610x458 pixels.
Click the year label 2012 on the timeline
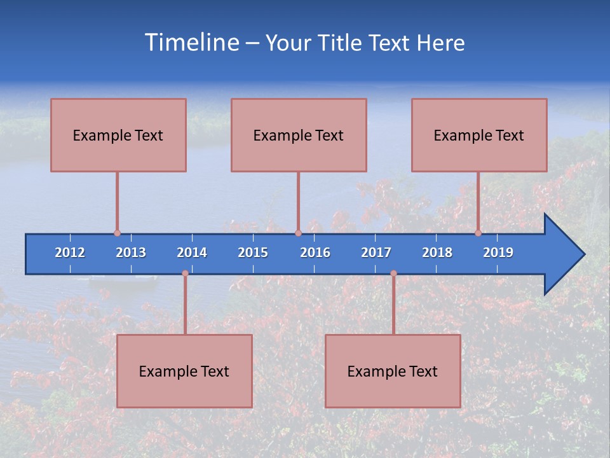tap(70, 253)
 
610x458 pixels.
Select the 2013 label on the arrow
tap(131, 253)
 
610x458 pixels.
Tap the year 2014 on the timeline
tap(192, 253)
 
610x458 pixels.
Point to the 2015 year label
tap(253, 253)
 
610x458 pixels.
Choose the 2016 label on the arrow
tap(315, 253)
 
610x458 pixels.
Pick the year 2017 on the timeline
tap(376, 253)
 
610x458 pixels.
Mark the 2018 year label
tap(437, 253)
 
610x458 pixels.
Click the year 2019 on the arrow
tap(498, 253)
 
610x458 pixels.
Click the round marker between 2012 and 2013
tap(117, 233)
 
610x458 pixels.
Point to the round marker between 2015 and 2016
tap(298, 233)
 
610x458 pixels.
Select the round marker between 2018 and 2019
tap(478, 233)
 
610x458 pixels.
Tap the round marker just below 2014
tap(185, 274)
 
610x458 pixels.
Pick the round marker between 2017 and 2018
tap(393, 274)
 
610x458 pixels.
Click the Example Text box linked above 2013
tap(118, 135)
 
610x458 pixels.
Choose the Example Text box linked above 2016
tap(299, 135)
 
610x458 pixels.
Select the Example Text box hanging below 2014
tap(184, 371)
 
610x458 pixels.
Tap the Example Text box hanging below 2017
tap(393, 371)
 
